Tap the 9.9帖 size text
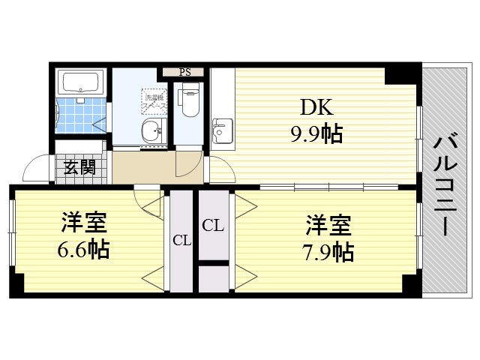pyautogui.click(x=316, y=134)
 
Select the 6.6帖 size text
pyautogui.click(x=84, y=248)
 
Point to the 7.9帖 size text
pyautogui.click(x=328, y=250)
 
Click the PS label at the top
pyautogui.click(x=184, y=72)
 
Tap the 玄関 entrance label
pyautogui.click(x=79, y=166)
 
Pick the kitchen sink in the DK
pyautogui.click(x=222, y=131)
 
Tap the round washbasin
pyautogui.click(x=152, y=133)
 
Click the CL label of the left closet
pyautogui.click(x=181, y=241)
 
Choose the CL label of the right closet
pyautogui.click(x=212, y=224)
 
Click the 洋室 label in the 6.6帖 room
pyautogui.click(x=84, y=223)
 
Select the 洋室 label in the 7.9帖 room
pyautogui.click(x=328, y=224)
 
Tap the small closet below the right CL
pyautogui.click(x=214, y=278)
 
